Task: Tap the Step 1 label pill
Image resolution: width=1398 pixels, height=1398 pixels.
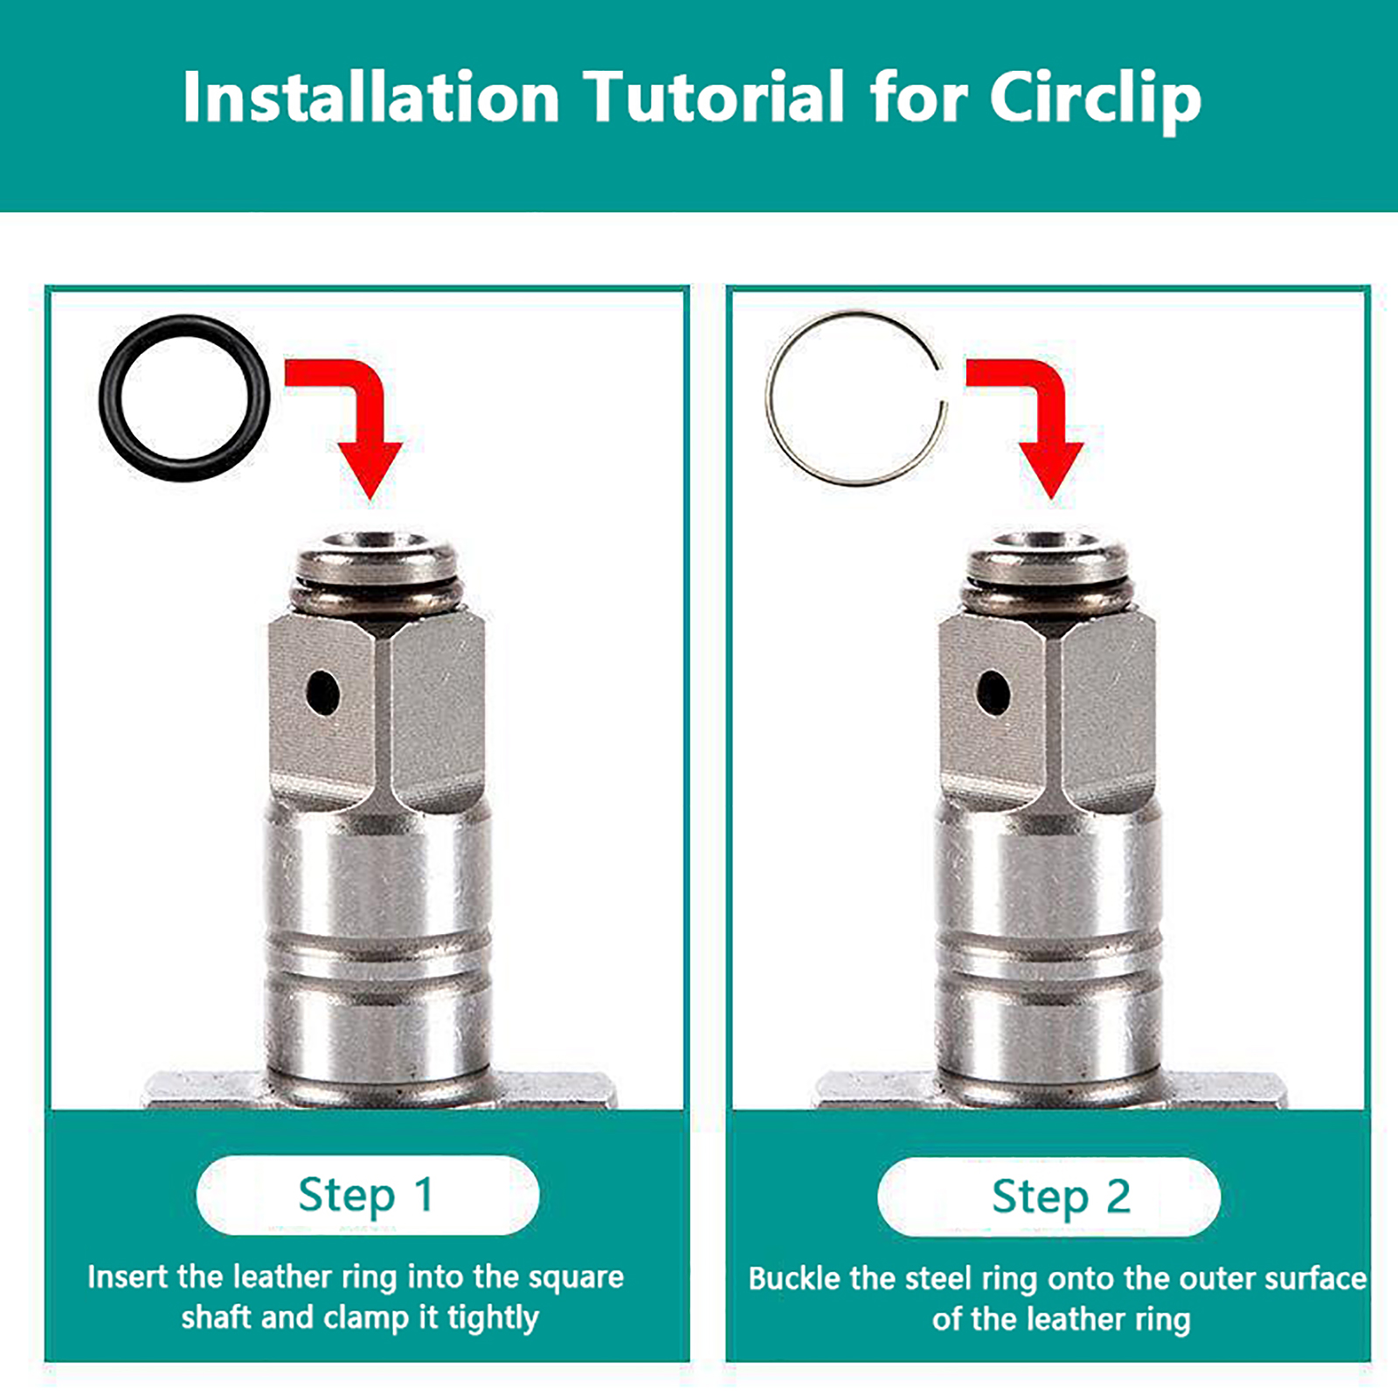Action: [368, 1195]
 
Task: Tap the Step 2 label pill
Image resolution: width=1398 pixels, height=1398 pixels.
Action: [1048, 1197]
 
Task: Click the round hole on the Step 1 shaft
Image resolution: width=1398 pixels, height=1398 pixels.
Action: [323, 693]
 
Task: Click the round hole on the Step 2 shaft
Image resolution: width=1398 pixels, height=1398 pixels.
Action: [993, 692]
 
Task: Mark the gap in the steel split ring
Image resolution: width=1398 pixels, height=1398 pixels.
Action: [941, 385]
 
